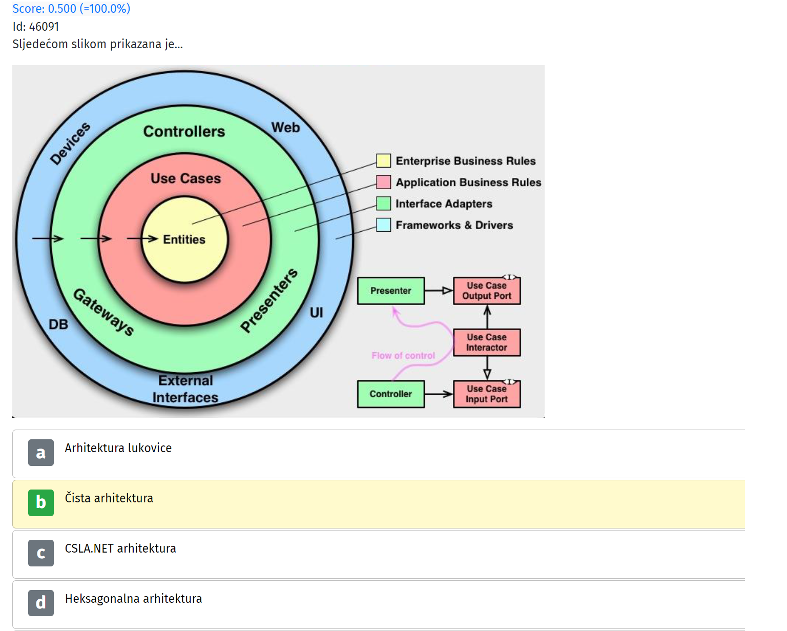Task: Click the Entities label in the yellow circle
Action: point(184,239)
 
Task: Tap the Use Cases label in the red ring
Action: point(186,178)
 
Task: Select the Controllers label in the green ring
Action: point(184,131)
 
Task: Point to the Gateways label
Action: point(104,312)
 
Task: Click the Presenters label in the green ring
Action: point(269,300)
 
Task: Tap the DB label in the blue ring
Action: point(58,324)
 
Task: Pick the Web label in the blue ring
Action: point(285,127)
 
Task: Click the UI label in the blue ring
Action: point(316,313)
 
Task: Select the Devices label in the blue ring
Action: point(70,144)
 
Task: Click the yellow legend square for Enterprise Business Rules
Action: point(383,160)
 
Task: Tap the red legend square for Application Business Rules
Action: point(383,182)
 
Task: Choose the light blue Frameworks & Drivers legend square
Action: point(383,225)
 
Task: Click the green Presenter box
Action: point(391,291)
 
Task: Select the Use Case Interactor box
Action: point(487,342)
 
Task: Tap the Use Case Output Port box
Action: point(487,291)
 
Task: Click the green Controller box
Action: point(391,394)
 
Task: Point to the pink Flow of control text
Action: point(403,355)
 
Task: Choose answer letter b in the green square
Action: point(41,502)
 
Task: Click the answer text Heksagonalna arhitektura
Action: point(134,598)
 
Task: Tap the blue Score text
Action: point(71,8)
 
